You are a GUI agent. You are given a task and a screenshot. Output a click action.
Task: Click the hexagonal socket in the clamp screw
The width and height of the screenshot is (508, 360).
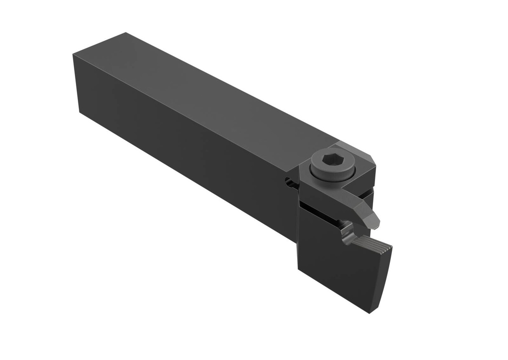click(x=330, y=160)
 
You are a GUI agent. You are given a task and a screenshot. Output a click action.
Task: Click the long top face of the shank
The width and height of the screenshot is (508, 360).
click(x=208, y=94)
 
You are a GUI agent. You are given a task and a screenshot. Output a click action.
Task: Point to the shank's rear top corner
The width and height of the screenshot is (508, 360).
click(x=125, y=33)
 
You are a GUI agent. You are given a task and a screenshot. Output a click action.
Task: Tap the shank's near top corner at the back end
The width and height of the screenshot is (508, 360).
click(x=73, y=56)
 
